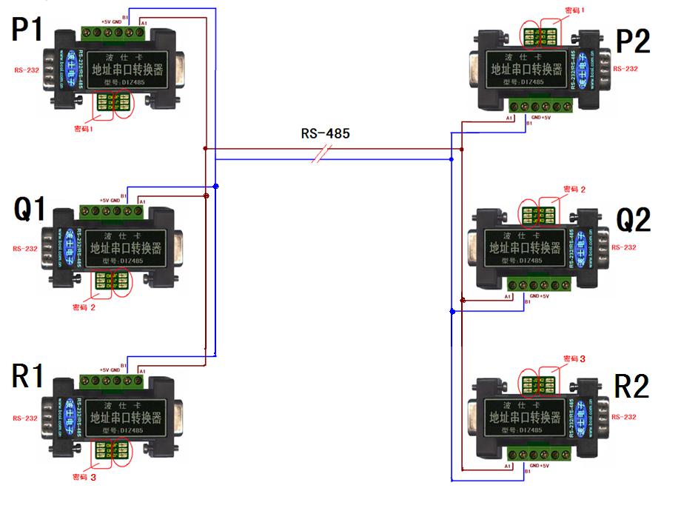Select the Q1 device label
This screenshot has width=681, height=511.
coord(30,210)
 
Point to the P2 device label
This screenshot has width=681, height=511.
coord(633,42)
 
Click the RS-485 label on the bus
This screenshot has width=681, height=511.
coord(325,134)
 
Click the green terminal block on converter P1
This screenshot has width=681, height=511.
coord(113,33)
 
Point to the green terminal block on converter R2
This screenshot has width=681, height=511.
coord(539,453)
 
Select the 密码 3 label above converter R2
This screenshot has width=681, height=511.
coord(574,358)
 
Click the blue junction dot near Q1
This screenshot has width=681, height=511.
coord(215,186)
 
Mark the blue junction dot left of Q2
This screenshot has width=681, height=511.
coord(452,312)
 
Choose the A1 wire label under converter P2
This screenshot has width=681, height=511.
coord(509,118)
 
